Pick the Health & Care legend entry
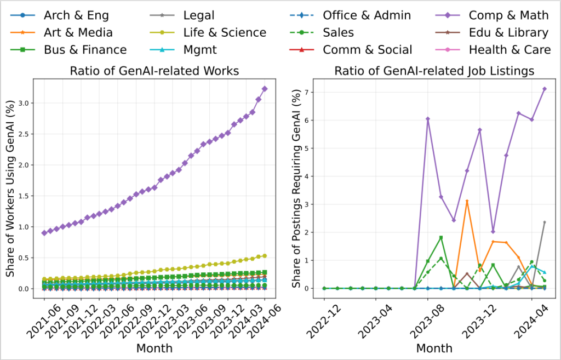510,50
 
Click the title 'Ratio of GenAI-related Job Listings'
434,71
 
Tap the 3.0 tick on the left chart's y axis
21,103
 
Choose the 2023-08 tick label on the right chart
427,318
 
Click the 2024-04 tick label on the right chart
530,318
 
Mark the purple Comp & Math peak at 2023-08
428,119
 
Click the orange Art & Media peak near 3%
467,201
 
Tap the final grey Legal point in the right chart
544,222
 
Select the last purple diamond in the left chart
265,89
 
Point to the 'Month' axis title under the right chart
434,348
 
